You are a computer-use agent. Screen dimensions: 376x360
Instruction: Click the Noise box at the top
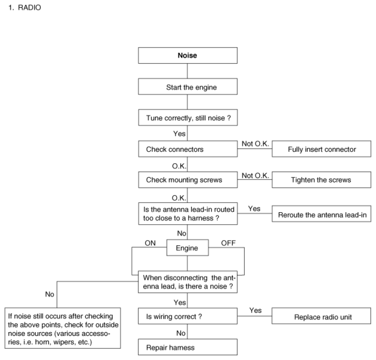[x=188, y=56]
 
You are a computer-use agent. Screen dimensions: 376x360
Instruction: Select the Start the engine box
[x=188, y=86]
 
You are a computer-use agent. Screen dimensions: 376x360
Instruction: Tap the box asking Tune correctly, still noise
[x=188, y=118]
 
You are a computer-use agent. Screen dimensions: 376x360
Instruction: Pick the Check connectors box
[x=188, y=149]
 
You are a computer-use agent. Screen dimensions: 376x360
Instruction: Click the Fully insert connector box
[x=321, y=149]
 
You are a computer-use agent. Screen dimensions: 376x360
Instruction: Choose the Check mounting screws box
[x=188, y=180]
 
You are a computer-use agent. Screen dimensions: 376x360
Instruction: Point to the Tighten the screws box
[x=321, y=180]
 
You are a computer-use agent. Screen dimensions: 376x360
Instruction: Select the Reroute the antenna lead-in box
[x=321, y=214]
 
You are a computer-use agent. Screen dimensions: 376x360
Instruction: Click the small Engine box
[x=188, y=248]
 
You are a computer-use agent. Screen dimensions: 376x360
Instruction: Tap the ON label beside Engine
[x=150, y=243]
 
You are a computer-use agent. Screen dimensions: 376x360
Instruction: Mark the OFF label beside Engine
[x=228, y=243]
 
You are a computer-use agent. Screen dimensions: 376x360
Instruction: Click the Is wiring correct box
[x=188, y=316]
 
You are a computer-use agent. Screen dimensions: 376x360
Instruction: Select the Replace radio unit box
[x=321, y=316]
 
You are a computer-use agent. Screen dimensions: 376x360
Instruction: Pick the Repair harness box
[x=188, y=347]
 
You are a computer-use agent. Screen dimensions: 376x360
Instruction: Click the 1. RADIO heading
[x=25, y=8]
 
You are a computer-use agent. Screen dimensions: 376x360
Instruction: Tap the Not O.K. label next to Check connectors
[x=255, y=144]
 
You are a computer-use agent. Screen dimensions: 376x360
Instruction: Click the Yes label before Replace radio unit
[x=255, y=310]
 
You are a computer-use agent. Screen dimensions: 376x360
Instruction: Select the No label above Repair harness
[x=181, y=333]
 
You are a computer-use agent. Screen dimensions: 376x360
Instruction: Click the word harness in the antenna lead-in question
[x=200, y=218]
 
